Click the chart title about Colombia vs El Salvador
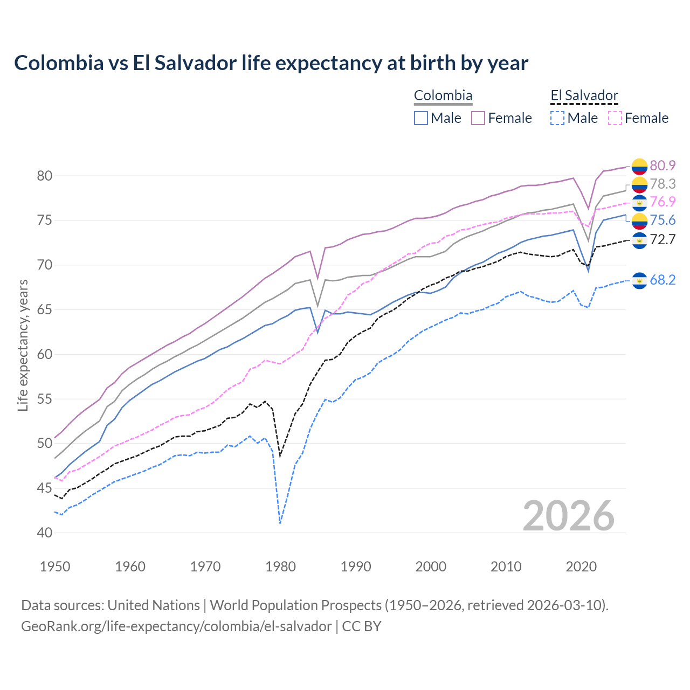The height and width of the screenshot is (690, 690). pos(271,63)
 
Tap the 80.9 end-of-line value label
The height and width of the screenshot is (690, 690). pos(663,165)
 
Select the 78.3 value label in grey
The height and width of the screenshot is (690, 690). pos(663,184)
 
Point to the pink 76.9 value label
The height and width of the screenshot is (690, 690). pos(663,202)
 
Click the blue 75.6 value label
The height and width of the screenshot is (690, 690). pos(663,220)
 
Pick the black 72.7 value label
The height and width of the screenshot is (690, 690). pos(663,239)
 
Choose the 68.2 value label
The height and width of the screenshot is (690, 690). pos(663,280)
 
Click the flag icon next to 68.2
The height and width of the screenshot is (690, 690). pos(639,280)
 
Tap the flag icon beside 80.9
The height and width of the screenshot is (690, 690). pos(639,166)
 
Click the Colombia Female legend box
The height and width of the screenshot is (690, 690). pos(478,118)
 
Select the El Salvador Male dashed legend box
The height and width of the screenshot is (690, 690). pos(557,118)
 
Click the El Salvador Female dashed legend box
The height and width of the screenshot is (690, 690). pos(615,118)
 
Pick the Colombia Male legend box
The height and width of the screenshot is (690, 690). pos(421,118)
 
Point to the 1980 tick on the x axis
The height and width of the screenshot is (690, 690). pos(280,567)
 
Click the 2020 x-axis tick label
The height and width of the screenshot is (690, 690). pos(581,567)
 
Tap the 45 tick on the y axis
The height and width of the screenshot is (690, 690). pos(45,488)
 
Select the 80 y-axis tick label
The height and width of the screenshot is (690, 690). pos(45,176)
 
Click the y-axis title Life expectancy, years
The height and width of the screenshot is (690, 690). pos(23,345)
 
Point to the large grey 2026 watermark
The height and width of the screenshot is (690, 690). pos(569,516)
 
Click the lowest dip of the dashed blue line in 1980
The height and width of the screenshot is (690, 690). pos(280,523)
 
